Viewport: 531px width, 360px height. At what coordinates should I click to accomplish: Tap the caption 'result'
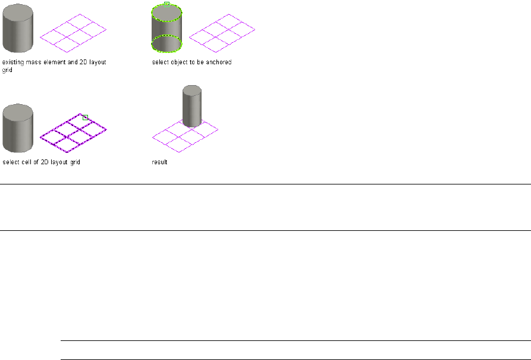[160, 162]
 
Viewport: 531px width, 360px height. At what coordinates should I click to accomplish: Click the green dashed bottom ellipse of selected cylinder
[166, 44]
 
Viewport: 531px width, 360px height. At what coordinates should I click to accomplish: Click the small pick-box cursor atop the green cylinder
[166, 4]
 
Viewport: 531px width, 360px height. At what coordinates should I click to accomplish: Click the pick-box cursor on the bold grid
[85, 117]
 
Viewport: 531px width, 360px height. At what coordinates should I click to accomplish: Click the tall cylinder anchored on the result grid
[191, 107]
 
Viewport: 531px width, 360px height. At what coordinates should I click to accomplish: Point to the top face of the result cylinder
[191, 90]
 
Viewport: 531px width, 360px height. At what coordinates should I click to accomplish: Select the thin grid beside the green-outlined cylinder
[222, 33]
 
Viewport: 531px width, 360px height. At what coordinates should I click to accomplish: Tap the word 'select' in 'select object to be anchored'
[159, 61]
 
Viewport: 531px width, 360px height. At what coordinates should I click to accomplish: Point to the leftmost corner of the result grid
[153, 136]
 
